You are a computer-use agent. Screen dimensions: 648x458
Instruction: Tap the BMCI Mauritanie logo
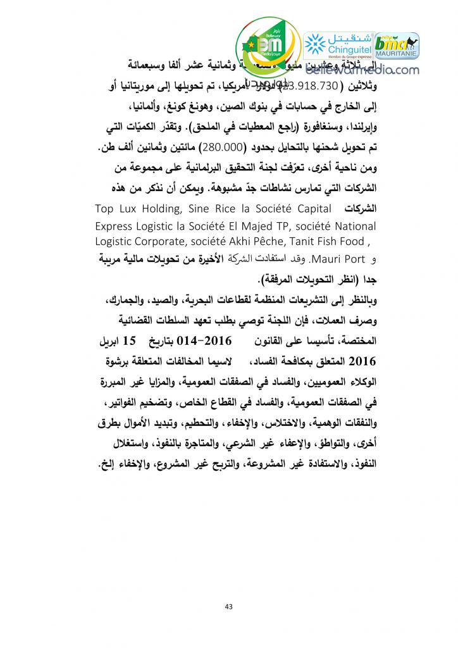pos(398,46)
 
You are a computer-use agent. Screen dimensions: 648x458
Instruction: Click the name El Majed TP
pos(257,226)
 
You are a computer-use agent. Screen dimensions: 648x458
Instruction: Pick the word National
pos(353,226)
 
